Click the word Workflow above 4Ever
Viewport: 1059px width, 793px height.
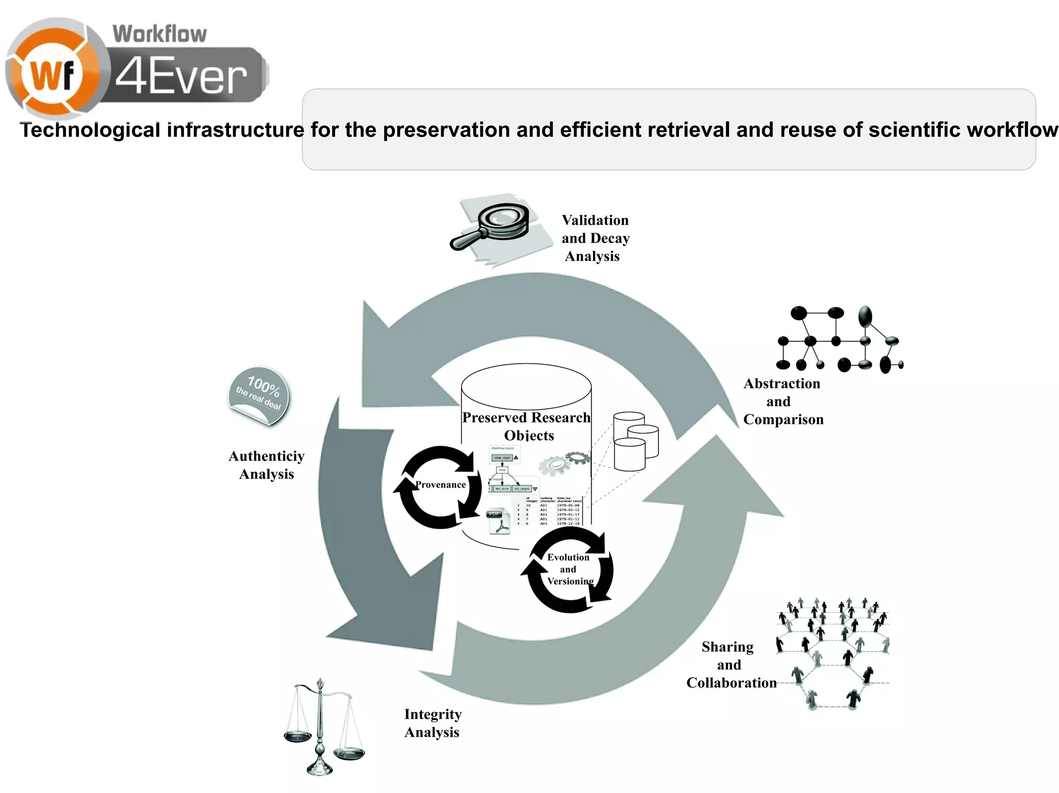159,34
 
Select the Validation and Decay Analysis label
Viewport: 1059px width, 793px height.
595,238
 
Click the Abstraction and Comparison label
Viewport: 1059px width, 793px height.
782,401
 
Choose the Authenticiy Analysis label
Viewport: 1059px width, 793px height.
266,465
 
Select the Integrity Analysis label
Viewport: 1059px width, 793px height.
432,723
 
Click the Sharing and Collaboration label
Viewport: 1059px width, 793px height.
730,665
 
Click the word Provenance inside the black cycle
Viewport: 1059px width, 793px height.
440,485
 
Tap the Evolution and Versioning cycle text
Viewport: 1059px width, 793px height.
569,569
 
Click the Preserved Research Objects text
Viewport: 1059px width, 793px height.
526,426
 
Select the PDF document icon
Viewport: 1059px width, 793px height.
498,521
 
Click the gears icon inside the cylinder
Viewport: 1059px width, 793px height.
563,463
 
